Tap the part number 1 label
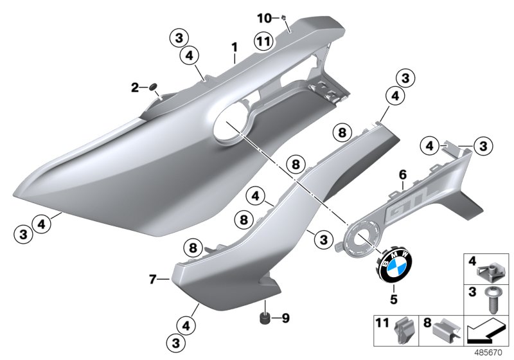[x=235, y=47]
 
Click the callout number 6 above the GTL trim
[x=403, y=174]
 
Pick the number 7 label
[x=152, y=280]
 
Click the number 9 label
[x=286, y=317]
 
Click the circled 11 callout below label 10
[x=261, y=40]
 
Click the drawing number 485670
[x=491, y=352]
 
